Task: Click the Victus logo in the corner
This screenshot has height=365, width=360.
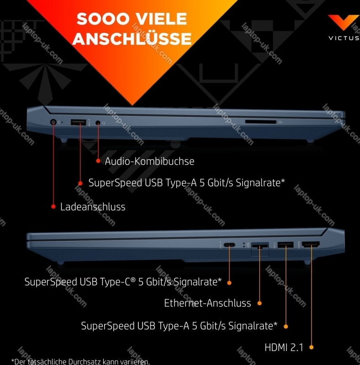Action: click(x=343, y=23)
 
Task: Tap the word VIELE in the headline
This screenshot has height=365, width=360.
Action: click(x=162, y=19)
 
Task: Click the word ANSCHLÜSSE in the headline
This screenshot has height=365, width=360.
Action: click(x=132, y=39)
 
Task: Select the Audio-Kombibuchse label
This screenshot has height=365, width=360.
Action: click(x=149, y=161)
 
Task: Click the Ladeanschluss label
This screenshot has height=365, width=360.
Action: click(x=93, y=207)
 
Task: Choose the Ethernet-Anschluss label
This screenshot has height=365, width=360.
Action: click(x=207, y=303)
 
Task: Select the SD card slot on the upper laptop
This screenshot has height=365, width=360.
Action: click(x=260, y=122)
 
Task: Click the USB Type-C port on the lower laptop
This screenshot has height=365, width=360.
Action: click(x=229, y=245)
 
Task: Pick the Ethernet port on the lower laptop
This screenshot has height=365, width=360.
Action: click(x=259, y=246)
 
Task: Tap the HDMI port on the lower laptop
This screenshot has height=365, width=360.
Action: click(x=311, y=245)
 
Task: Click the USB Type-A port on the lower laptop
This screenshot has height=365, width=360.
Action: click(x=286, y=245)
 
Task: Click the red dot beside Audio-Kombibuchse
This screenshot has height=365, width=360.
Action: click(x=98, y=161)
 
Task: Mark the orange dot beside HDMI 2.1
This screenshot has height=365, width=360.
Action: click(x=312, y=347)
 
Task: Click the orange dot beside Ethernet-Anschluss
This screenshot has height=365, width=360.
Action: click(x=259, y=302)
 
